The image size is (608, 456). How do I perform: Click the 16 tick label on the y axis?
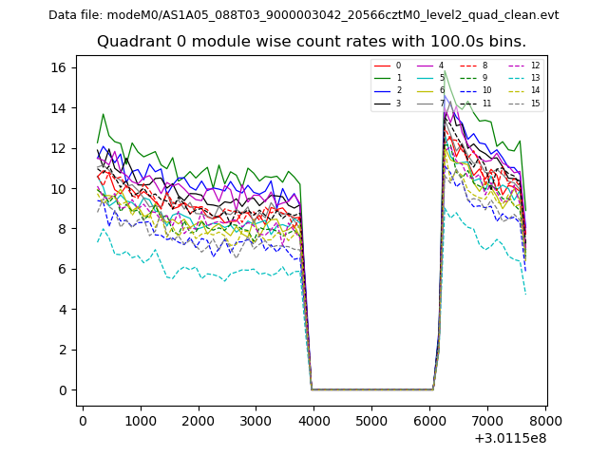click(x=59, y=67)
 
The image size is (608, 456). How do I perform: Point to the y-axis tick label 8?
click(x=63, y=229)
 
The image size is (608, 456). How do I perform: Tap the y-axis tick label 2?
click(x=63, y=350)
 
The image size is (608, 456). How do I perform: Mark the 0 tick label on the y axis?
click(x=63, y=390)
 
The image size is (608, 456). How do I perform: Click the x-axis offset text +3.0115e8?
click(x=511, y=438)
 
